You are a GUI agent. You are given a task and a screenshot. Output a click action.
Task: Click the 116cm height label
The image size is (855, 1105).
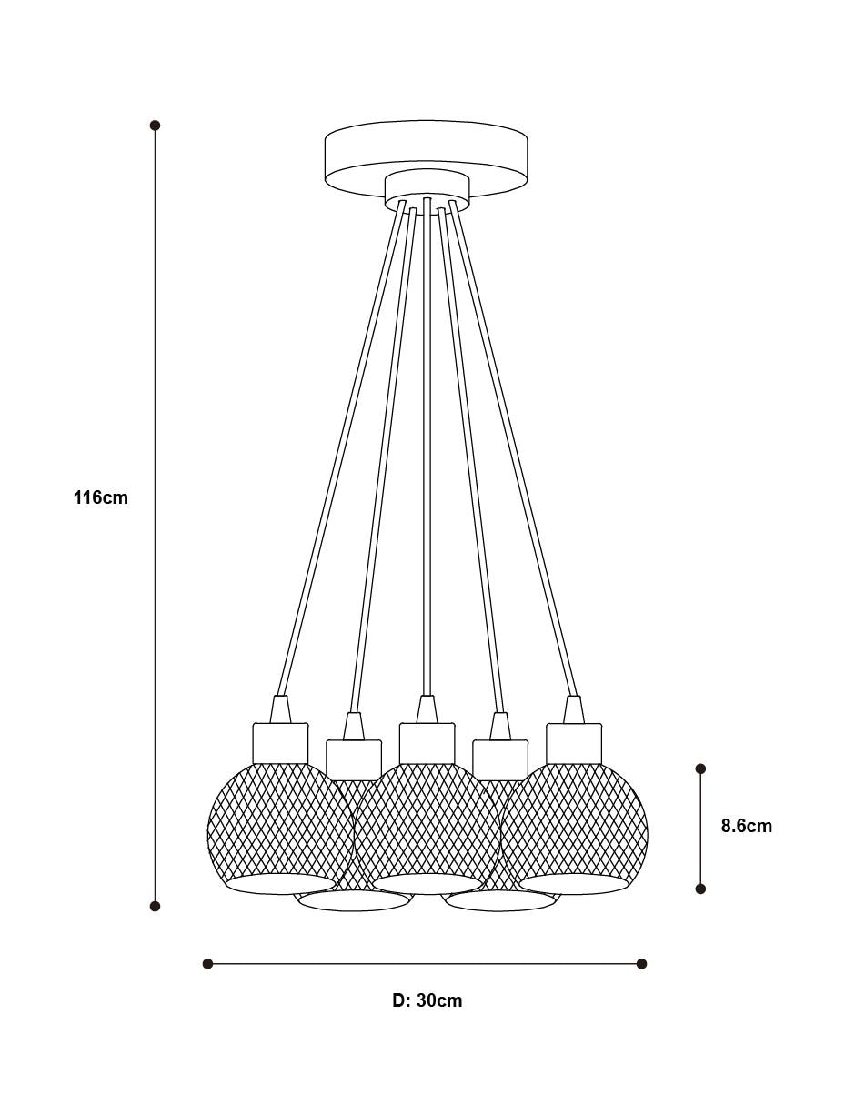pyautogui.click(x=101, y=497)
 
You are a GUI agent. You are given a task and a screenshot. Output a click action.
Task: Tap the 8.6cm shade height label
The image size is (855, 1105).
pyautogui.click(x=746, y=826)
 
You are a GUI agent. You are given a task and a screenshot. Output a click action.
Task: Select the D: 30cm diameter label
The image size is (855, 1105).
pyautogui.click(x=427, y=1000)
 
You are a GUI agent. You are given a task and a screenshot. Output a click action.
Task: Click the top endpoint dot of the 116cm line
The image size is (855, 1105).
pyautogui.click(x=156, y=126)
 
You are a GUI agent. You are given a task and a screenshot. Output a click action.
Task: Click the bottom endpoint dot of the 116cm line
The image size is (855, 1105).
pyautogui.click(x=156, y=906)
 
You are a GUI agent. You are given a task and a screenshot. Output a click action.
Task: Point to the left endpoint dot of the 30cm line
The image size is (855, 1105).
pyautogui.click(x=207, y=964)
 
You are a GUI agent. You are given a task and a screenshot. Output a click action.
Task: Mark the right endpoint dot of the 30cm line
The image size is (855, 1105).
pyautogui.click(x=641, y=964)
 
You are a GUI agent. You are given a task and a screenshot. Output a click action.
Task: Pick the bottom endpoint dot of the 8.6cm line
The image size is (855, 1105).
pyautogui.click(x=700, y=889)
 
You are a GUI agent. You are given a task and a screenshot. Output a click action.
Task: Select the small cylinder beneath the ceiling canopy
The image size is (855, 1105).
pyautogui.click(x=427, y=192)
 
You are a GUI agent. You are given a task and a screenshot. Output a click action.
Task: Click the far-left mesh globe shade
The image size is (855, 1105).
pyautogui.click(x=280, y=828)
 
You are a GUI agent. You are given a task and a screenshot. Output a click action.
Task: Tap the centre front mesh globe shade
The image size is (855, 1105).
pyautogui.click(x=427, y=828)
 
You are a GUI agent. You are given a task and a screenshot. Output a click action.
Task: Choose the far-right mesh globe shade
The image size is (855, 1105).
pyautogui.click(x=574, y=828)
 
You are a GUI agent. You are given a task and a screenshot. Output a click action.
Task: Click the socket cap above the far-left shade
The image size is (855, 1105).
pyautogui.click(x=280, y=743)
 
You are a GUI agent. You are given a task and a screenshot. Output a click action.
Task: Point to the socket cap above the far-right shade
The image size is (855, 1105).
pyautogui.click(x=574, y=743)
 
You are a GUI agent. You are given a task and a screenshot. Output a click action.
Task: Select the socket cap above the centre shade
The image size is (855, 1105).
pyautogui.click(x=427, y=743)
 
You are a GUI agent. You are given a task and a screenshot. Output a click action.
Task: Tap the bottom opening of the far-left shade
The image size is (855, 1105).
pyautogui.click(x=280, y=884)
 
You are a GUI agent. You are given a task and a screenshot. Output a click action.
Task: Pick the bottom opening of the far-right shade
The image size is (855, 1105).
pyautogui.click(x=574, y=884)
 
